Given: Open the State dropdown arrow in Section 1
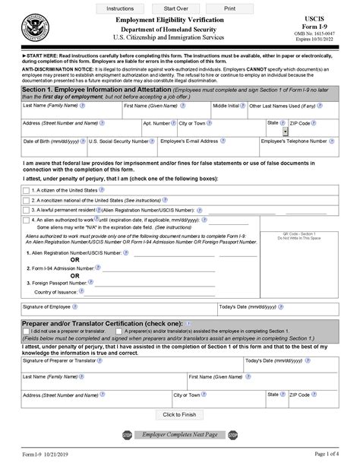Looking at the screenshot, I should (285, 132).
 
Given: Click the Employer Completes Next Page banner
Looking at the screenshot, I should (180, 434).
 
